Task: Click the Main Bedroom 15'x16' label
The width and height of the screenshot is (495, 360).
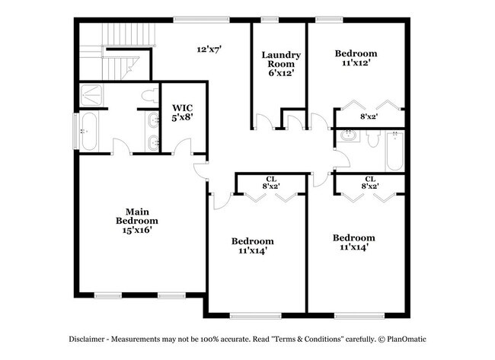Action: pos(136,220)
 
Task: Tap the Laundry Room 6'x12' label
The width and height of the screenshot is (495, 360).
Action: pos(281,65)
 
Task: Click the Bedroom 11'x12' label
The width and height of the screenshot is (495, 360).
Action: pos(356,59)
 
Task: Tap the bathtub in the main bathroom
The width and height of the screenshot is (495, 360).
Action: pos(88,132)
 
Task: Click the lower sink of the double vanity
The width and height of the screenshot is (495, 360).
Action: pos(152,142)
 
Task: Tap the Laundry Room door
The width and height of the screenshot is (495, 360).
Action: pos(262,123)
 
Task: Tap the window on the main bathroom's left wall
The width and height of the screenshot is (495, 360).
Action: pos(75,131)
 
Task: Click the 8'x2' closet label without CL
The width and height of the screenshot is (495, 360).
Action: pos(369,116)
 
